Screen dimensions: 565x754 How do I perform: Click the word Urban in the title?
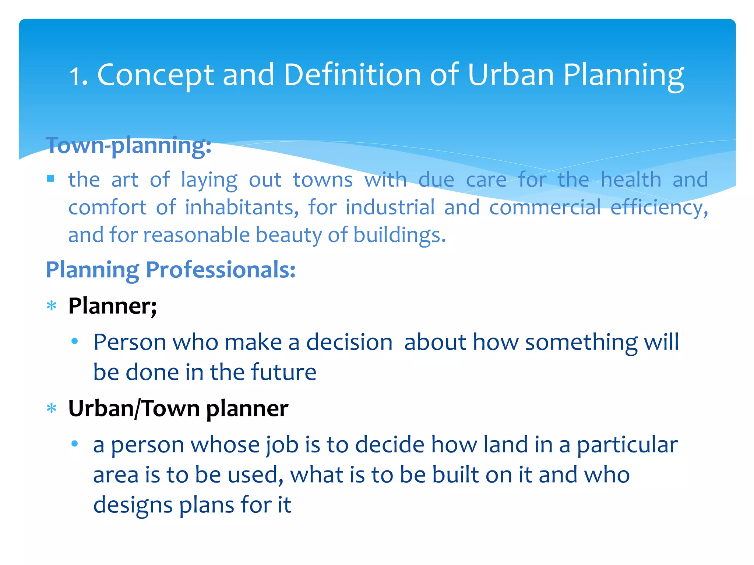[511, 75]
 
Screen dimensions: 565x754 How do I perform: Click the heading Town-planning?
[128, 146]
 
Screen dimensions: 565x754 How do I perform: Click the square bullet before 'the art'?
[51, 179]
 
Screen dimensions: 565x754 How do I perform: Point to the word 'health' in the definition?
[631, 180]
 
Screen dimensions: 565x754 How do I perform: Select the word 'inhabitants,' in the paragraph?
[242, 207]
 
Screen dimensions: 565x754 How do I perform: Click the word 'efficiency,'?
[659, 208]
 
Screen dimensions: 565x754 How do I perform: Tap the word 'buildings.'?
[399, 235]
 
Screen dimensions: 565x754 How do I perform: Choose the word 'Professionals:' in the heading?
[221, 270]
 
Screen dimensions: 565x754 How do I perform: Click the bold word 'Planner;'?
[112, 306]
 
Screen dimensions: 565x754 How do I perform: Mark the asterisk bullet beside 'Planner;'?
[52, 306]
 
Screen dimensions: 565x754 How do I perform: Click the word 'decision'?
[349, 342]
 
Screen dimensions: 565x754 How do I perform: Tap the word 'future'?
[283, 372]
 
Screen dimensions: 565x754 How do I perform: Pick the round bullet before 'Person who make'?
[75, 341]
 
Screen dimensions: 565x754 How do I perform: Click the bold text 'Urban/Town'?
[134, 409]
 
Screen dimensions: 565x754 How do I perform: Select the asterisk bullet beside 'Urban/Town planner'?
[52, 408]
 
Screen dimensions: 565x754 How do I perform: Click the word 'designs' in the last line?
[133, 505]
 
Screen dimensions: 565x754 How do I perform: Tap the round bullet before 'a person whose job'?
[75, 444]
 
